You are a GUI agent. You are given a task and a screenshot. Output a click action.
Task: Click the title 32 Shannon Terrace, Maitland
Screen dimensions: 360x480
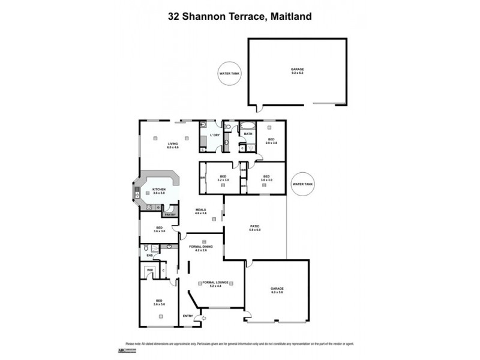[x=239, y=17]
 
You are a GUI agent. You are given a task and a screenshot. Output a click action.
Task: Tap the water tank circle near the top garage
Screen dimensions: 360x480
[x=229, y=74]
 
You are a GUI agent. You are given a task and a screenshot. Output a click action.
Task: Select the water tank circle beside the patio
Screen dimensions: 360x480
[x=301, y=184]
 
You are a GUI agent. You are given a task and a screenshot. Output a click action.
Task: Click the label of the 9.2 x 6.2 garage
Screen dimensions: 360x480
[x=298, y=71]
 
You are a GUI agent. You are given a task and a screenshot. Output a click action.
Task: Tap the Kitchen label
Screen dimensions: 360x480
[x=158, y=191]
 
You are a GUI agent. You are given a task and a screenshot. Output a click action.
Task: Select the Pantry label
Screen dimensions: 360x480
[x=170, y=214]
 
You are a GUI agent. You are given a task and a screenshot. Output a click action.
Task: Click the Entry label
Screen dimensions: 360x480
[x=188, y=316]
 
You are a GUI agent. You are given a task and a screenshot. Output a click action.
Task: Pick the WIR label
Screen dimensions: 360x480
[x=149, y=271]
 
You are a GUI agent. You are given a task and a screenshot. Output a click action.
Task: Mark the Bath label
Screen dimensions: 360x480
[x=248, y=134]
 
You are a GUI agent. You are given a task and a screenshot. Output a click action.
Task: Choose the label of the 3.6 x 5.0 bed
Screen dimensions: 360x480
[x=159, y=302]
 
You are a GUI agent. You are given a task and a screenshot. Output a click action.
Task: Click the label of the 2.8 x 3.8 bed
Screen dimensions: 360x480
[x=271, y=141]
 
